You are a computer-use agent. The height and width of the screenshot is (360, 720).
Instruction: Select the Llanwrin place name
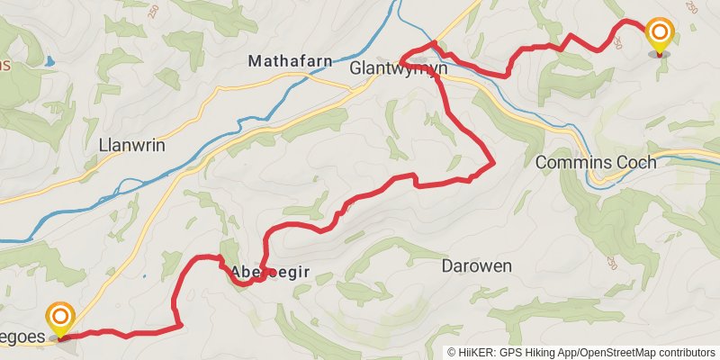point(131,145)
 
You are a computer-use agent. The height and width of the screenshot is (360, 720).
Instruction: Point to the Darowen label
point(477,266)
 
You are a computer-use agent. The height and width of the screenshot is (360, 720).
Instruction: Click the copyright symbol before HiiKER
point(452,353)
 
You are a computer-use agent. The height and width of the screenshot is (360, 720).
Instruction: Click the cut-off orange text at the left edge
point(4,65)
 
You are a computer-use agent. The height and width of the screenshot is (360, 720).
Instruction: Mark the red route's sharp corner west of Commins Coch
point(493,164)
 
